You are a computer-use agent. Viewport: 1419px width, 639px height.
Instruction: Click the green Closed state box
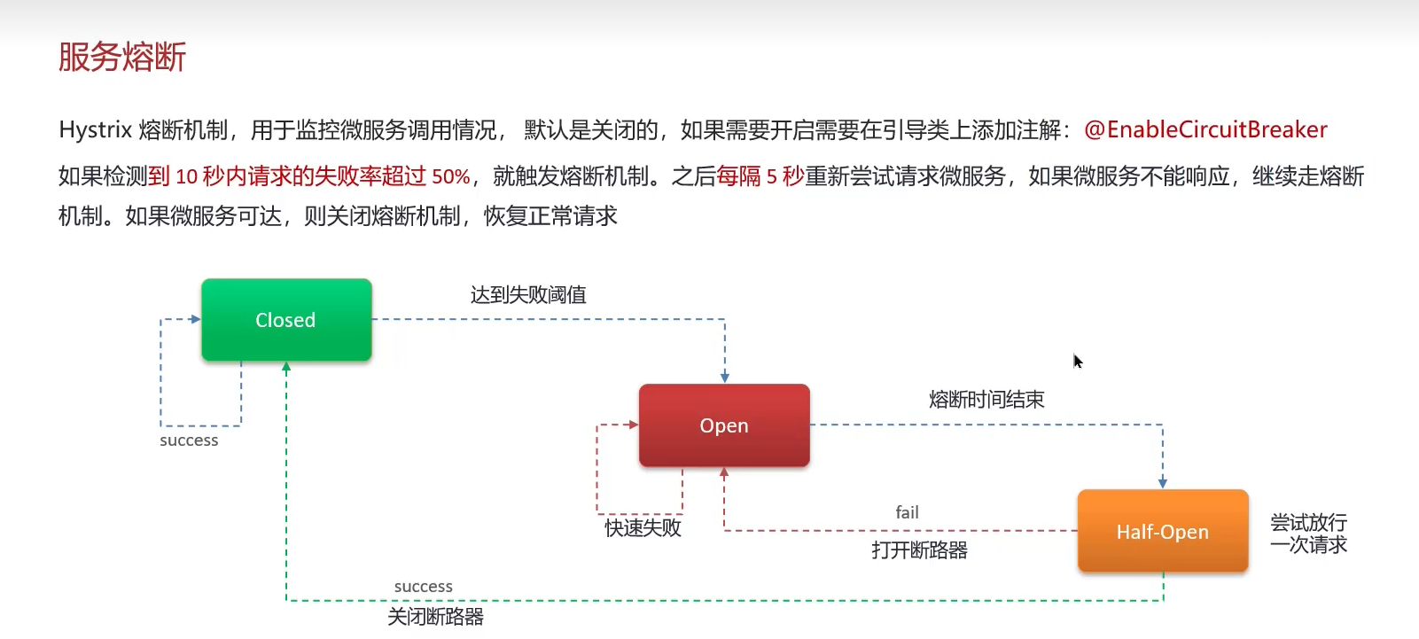(285, 320)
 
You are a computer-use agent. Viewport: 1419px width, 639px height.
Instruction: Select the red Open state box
(724, 425)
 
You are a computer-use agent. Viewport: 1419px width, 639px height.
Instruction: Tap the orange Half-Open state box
(1162, 531)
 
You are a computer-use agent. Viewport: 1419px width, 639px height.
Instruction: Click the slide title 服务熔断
(122, 57)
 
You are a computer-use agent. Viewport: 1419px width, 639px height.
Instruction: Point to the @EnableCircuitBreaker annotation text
(1205, 130)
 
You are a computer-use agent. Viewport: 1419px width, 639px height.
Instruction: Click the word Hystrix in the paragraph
(95, 130)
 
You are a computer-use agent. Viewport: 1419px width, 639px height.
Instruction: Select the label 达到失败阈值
(528, 295)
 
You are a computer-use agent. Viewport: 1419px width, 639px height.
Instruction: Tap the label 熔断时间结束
(986, 400)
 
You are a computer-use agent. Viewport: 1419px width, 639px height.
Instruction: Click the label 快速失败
(643, 528)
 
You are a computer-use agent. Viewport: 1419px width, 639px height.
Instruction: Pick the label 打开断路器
(919, 550)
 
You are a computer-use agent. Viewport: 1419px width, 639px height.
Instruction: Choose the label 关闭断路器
(435, 617)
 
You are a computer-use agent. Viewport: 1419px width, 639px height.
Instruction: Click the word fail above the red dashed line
(907, 512)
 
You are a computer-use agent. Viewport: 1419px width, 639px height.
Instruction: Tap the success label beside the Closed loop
(189, 440)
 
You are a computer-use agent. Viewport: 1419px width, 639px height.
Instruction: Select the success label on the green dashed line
(423, 587)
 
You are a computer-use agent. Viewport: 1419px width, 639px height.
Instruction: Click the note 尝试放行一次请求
(1308, 534)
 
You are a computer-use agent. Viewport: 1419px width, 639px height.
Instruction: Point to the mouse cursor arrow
(1077, 361)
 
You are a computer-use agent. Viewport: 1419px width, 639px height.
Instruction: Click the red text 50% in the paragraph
(450, 176)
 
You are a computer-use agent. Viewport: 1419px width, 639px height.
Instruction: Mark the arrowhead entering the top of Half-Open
(1163, 483)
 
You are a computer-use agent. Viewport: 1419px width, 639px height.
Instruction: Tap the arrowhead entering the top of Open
(725, 378)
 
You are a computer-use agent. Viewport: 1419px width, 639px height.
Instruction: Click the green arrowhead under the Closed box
(286, 366)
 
